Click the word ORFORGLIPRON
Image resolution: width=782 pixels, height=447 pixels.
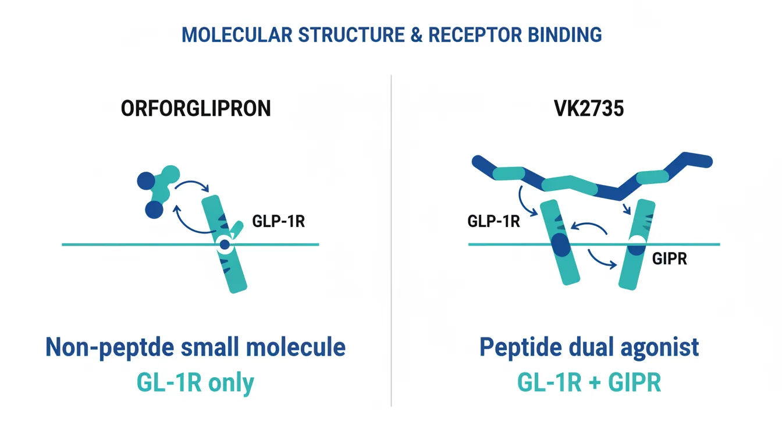pos(195,109)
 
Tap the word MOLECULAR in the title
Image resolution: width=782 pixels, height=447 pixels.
pos(236,35)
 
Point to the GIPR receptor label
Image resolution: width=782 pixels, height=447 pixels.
pos(669,259)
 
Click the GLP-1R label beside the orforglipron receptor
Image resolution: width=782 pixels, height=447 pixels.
pos(278,222)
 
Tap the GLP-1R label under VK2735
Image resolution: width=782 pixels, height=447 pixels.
pos(493,222)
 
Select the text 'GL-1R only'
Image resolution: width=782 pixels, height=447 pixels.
pos(195,384)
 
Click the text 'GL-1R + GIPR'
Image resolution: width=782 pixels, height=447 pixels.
pos(589,384)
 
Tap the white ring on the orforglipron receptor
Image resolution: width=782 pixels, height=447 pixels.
pos(225,245)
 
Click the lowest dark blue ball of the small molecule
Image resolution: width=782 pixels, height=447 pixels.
pos(154,210)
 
